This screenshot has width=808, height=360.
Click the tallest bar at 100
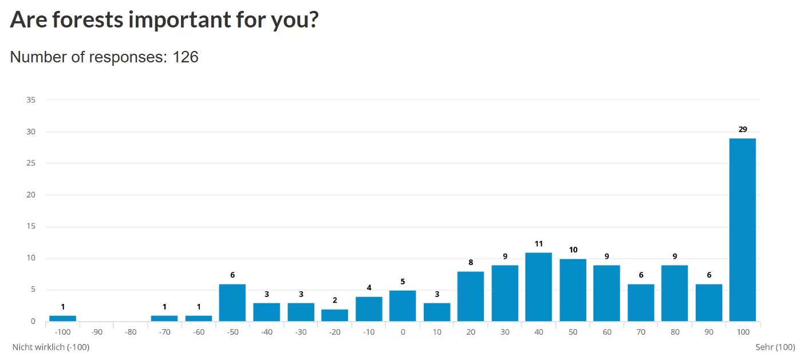coord(742,229)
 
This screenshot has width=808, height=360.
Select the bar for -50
coord(232,303)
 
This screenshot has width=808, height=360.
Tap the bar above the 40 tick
coord(538,287)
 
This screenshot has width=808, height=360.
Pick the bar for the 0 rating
coord(403,306)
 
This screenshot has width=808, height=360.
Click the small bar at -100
coord(62,318)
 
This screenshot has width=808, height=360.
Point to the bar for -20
coord(334,315)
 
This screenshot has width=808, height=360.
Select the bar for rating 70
coord(641,303)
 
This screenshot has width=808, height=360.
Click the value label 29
coord(743,129)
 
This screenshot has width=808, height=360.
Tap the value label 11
coord(538,243)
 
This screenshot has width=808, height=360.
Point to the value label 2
coord(334,300)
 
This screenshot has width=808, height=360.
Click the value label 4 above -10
coord(369,287)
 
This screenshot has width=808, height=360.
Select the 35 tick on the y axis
coord(31,100)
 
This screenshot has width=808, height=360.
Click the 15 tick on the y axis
coord(31,227)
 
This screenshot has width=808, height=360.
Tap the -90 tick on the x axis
coord(96,332)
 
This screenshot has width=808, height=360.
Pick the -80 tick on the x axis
coord(131,332)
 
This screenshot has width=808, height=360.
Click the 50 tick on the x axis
coord(573,332)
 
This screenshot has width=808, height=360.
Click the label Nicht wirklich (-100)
coord(51,347)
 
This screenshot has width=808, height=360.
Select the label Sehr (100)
coord(775,347)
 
